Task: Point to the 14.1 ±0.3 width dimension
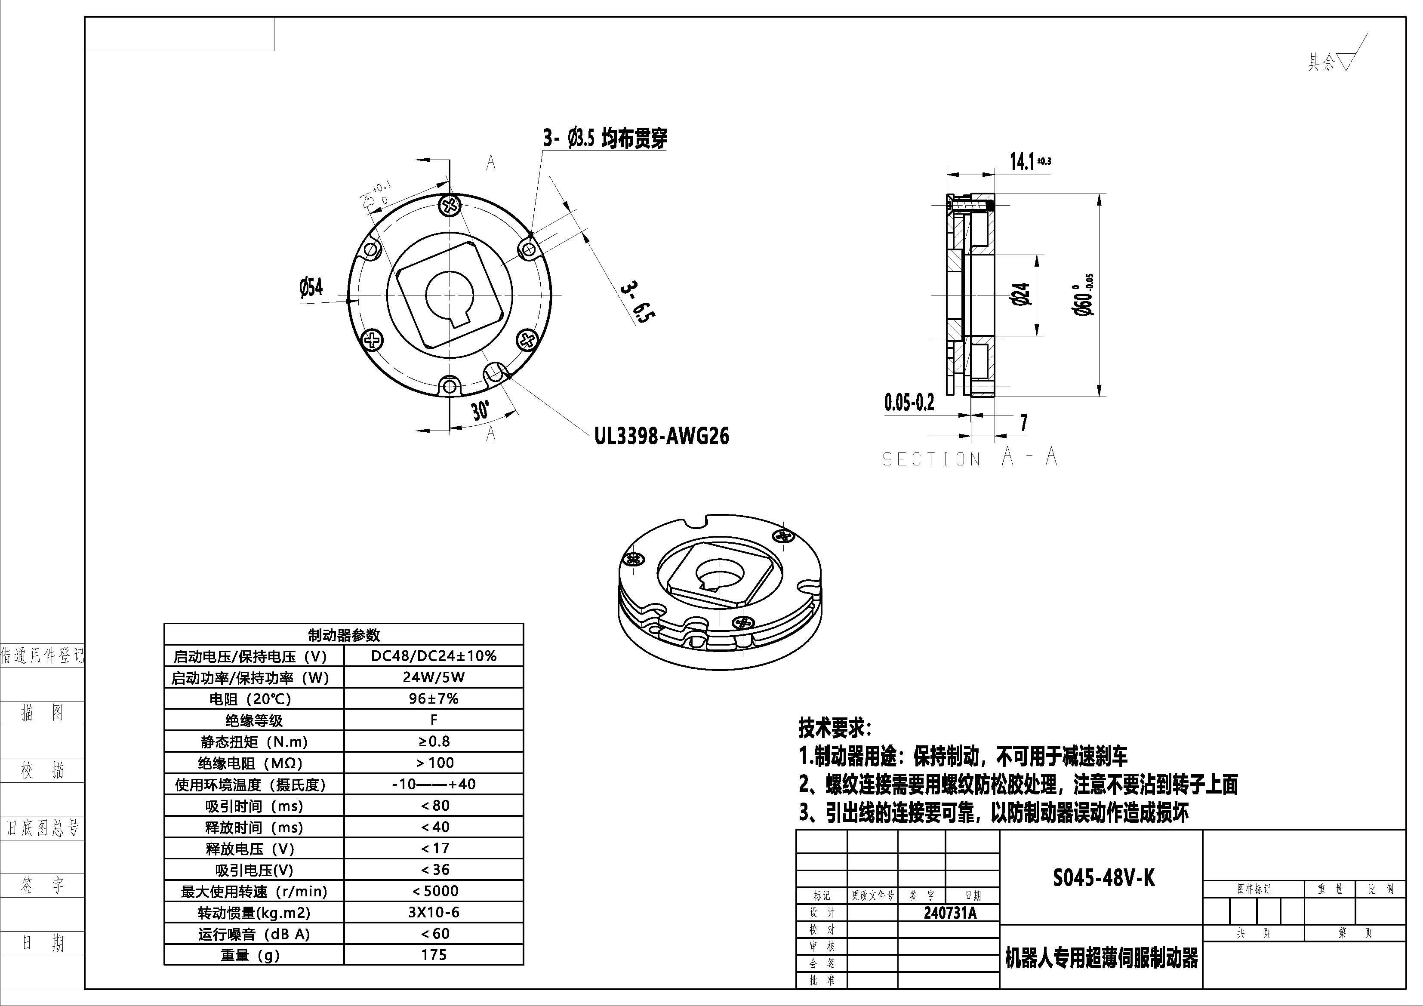click(x=1029, y=162)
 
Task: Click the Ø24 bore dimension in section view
click(x=1021, y=295)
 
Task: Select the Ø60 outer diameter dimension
click(x=1084, y=296)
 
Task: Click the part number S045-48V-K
click(x=1103, y=878)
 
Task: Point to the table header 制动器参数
click(x=344, y=635)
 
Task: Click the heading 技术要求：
click(x=834, y=728)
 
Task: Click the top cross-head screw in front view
click(x=450, y=205)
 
